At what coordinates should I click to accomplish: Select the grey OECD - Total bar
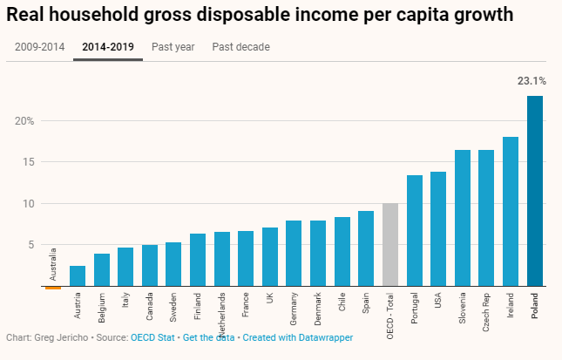click(x=390, y=244)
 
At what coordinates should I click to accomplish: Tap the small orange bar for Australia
click(x=53, y=287)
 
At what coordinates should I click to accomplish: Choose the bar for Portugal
click(x=415, y=230)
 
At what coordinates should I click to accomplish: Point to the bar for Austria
click(x=78, y=275)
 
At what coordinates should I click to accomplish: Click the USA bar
click(x=438, y=228)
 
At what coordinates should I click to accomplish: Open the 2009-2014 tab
click(x=38, y=47)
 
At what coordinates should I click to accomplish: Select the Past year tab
click(x=173, y=47)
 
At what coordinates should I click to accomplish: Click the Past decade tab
click(x=240, y=47)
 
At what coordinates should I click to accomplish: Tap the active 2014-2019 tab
click(x=108, y=47)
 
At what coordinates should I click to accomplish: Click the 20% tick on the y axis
click(x=24, y=120)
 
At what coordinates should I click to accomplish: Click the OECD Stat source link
click(x=152, y=337)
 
